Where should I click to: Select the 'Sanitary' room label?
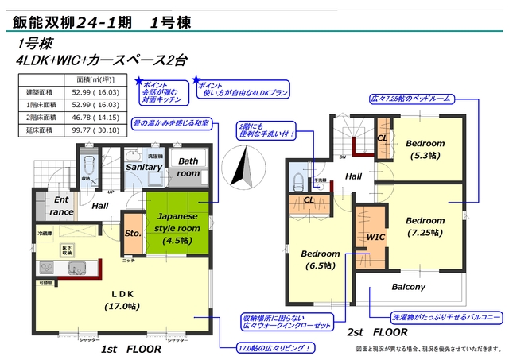click(x=144, y=168)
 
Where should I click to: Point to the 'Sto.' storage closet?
click(x=133, y=233)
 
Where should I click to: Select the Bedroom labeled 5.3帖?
click(x=425, y=149)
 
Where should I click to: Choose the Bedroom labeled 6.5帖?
click(x=321, y=259)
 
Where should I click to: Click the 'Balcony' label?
click(x=409, y=287)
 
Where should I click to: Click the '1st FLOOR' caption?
click(x=131, y=349)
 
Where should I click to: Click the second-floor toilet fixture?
click(x=299, y=176)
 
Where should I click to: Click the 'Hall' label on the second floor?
click(x=354, y=176)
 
